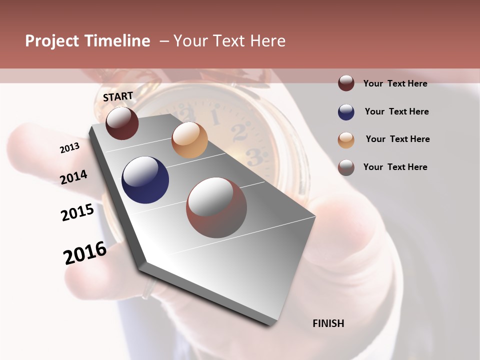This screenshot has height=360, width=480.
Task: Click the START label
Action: [118, 96]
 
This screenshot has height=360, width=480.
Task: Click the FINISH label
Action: [328, 323]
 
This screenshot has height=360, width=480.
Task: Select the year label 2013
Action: [69, 148]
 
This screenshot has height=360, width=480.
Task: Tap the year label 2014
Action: [73, 177]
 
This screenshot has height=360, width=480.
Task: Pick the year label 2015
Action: [77, 212]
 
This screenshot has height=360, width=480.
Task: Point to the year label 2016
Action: [85, 253]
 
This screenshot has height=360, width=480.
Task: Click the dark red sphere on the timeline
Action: [122, 123]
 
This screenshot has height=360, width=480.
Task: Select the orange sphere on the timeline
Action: [189, 140]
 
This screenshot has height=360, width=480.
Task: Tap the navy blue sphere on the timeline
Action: [145, 180]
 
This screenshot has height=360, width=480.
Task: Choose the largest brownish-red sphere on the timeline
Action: [216, 207]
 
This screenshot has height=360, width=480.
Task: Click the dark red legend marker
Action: [346, 83]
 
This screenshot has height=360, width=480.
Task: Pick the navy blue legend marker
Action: [346, 112]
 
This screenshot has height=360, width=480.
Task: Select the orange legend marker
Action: [346, 139]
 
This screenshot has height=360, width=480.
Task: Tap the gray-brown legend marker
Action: [346, 167]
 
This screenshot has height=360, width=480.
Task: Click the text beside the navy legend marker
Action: [396, 111]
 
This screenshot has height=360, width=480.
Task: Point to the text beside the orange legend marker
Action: [397, 139]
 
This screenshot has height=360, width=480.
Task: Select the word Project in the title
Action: [52, 41]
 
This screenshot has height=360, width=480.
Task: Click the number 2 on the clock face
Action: [240, 133]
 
